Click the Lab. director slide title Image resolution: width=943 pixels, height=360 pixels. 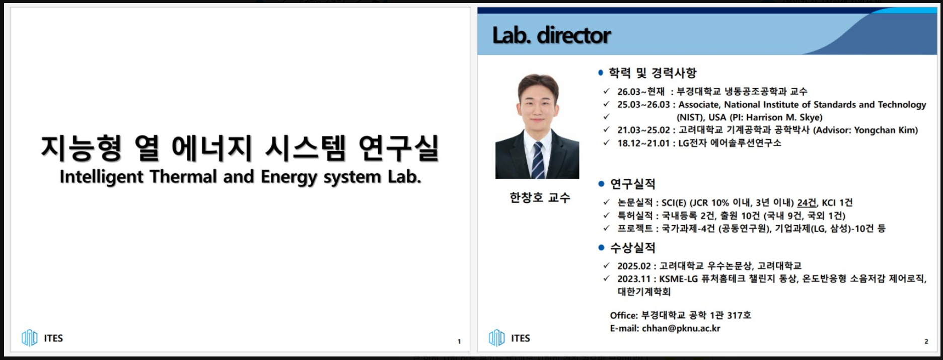pos(551,35)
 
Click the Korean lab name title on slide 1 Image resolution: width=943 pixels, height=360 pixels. pos(240,148)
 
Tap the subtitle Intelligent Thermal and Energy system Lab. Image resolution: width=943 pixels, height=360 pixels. pos(241,177)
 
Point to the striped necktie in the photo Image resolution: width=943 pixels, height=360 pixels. pos(538,160)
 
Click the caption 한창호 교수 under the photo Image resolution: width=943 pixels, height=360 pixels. pos(540,197)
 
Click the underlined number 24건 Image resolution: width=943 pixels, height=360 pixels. pos(807,202)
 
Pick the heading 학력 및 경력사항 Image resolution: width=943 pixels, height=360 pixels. pos(652,73)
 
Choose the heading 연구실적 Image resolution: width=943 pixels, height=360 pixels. pos(633,184)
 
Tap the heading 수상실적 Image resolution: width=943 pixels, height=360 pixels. pos(633,248)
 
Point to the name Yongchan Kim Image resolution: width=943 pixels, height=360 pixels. pos(886,130)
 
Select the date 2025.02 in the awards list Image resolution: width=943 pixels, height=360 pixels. pos(634,266)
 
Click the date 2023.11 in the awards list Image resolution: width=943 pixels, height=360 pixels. pos(634,279)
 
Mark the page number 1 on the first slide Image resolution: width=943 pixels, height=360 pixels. pos(459,341)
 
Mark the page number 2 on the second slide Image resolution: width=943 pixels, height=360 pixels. pos(926,341)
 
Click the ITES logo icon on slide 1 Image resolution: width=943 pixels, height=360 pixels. pos(30,338)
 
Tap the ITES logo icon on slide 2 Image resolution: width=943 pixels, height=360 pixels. pos(497,338)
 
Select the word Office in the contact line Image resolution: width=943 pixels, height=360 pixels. pos(624,315)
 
